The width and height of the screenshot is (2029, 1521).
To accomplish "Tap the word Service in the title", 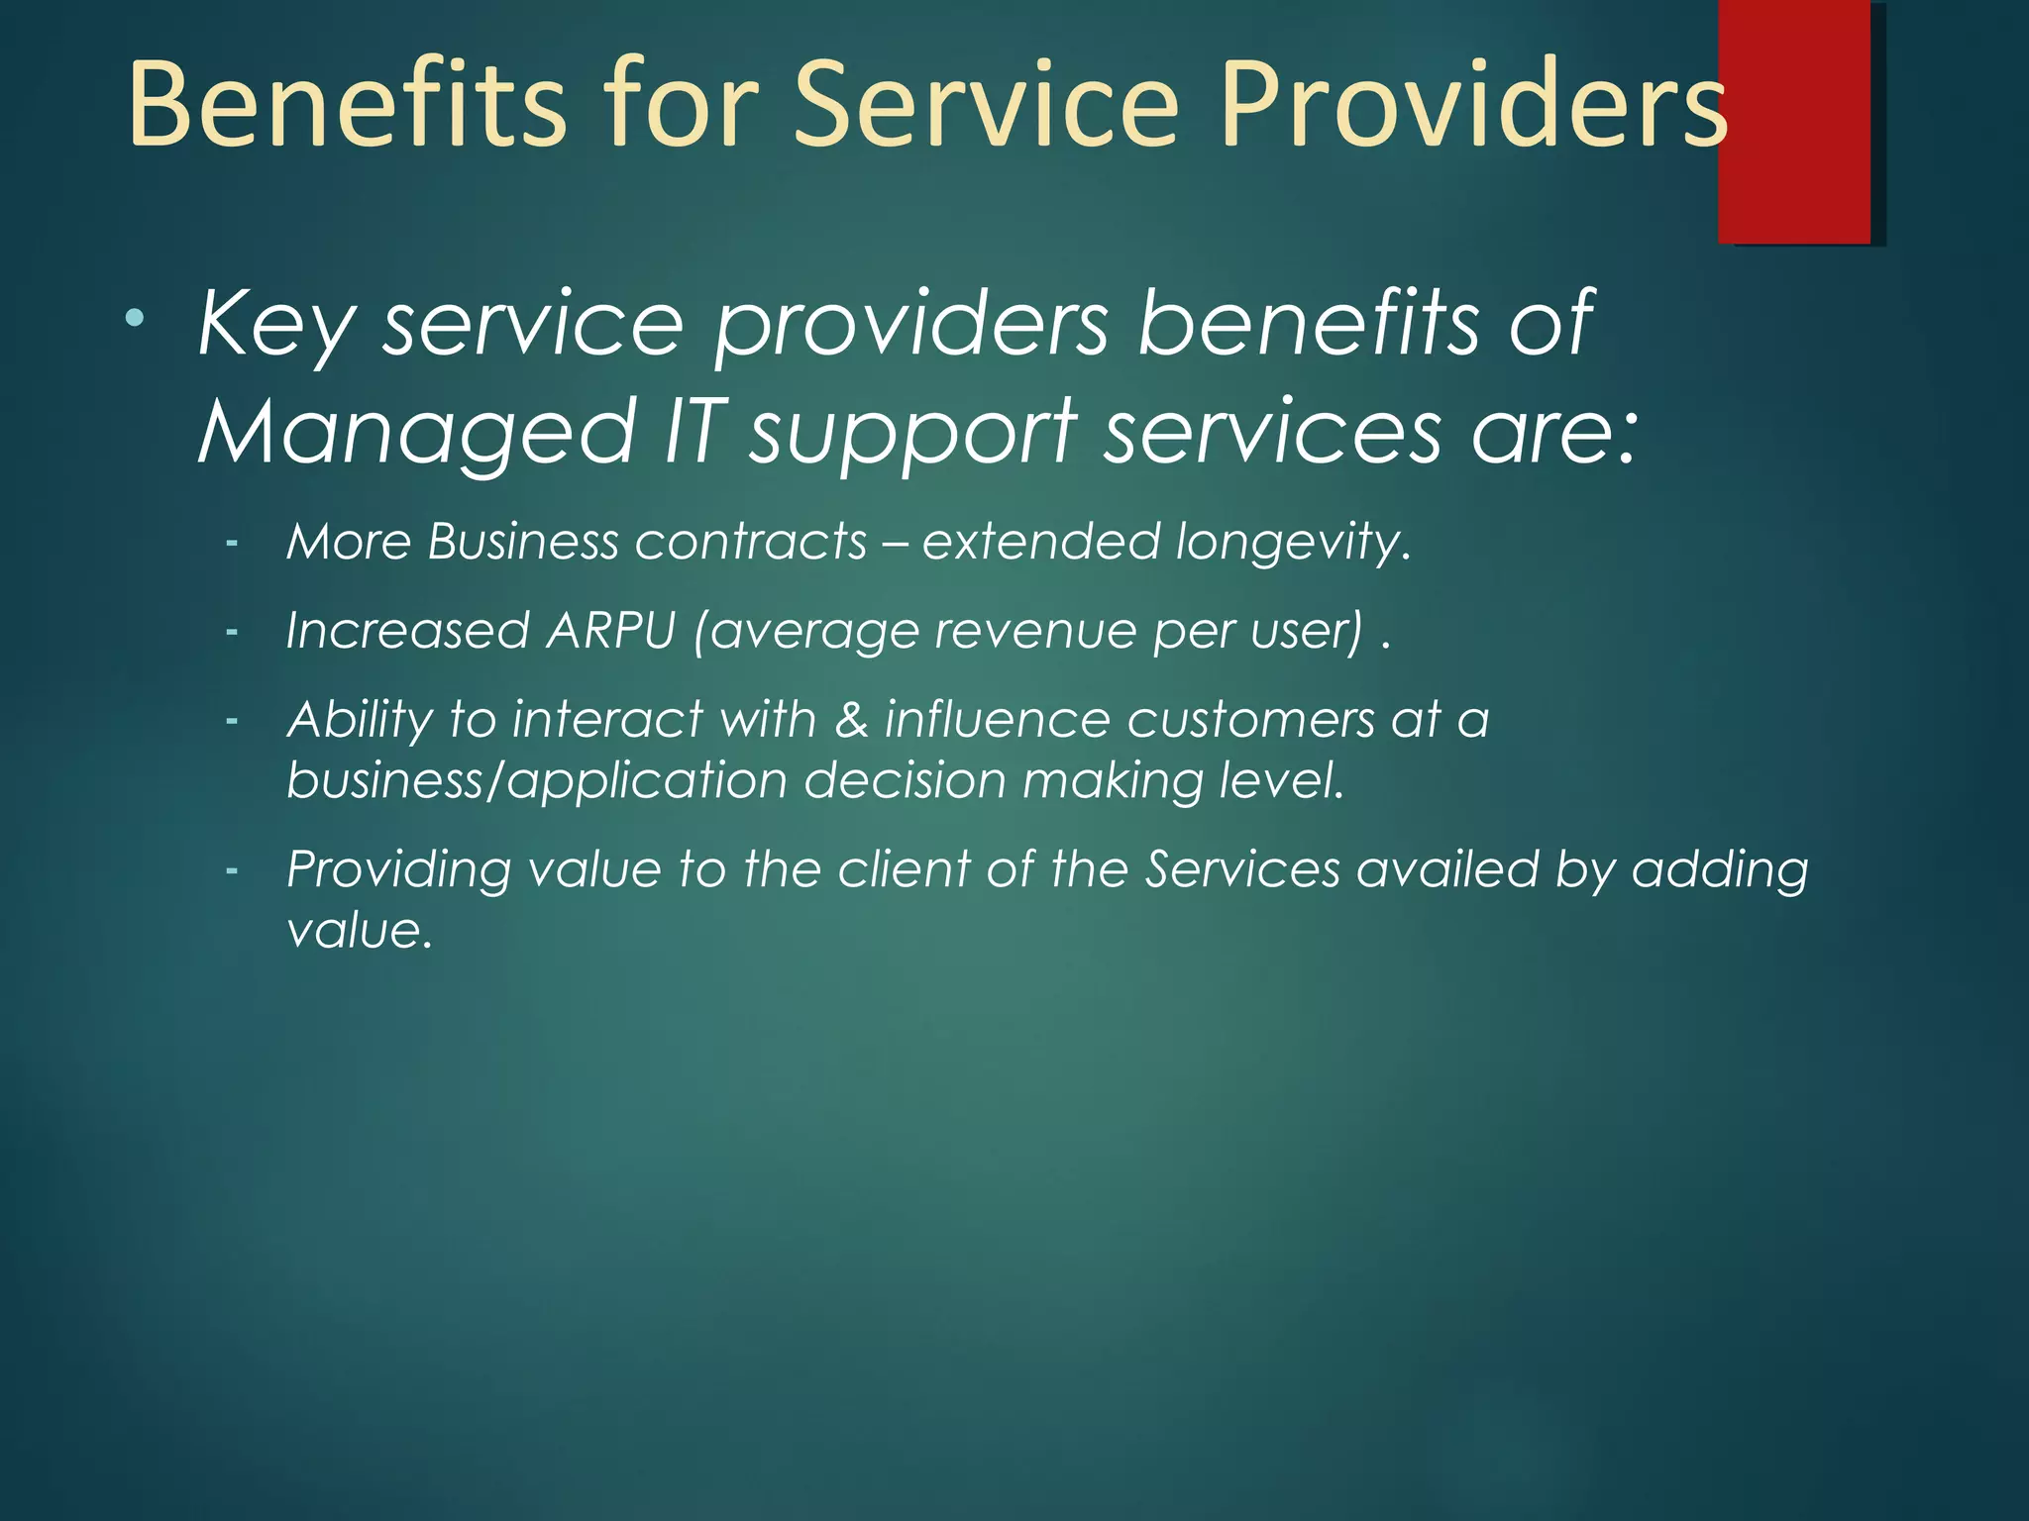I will pyautogui.click(x=986, y=104).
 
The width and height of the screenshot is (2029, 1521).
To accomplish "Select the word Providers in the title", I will pyautogui.click(x=1474, y=104).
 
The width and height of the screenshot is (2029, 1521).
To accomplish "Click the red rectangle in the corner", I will pyautogui.click(x=1794, y=122).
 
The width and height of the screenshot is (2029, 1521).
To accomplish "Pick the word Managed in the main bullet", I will pyautogui.click(x=417, y=432).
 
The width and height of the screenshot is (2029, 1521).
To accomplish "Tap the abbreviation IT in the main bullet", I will pyautogui.click(x=691, y=430).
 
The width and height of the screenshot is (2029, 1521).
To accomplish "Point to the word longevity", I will pyautogui.click(x=1293, y=543).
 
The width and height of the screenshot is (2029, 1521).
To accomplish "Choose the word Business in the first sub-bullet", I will pyautogui.click(x=523, y=542).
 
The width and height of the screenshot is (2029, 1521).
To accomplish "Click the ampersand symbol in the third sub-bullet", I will pyautogui.click(x=851, y=719).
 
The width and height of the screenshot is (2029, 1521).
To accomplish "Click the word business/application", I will pyautogui.click(x=536, y=781).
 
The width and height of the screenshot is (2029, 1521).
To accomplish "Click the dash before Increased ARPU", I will pyautogui.click(x=232, y=631).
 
